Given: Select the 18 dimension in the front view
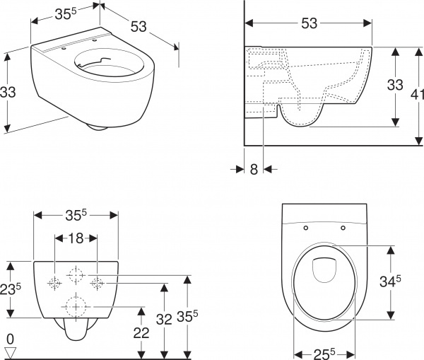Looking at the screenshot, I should pos(76,238).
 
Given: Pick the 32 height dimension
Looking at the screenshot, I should pos(165,319).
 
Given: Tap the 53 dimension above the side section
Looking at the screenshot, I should pos(308,23).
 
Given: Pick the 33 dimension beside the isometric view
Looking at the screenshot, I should pos(8,92).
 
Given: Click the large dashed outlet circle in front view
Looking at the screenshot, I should pos(76,307).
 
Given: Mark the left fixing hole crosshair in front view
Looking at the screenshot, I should pos(54,284).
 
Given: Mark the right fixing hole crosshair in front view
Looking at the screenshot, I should pos(98,284).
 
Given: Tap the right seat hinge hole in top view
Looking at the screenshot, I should pos(343,228).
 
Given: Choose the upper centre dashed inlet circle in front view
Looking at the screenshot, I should pos(76,272).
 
